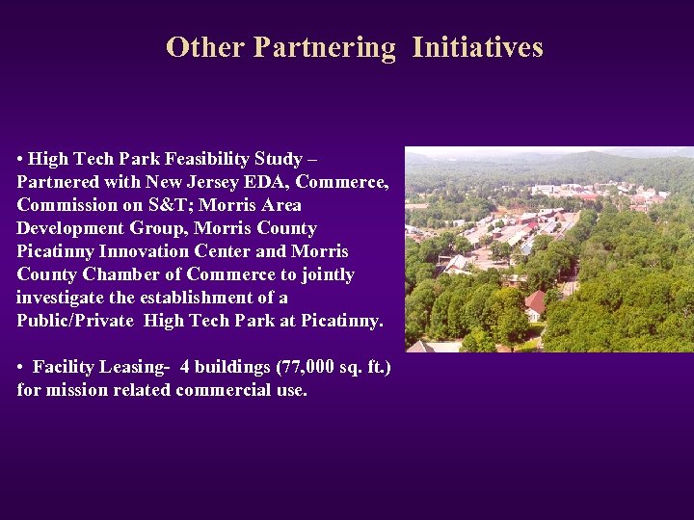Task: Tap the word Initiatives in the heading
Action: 477,47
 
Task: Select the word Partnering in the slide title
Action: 324,47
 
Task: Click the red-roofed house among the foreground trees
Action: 536,304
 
